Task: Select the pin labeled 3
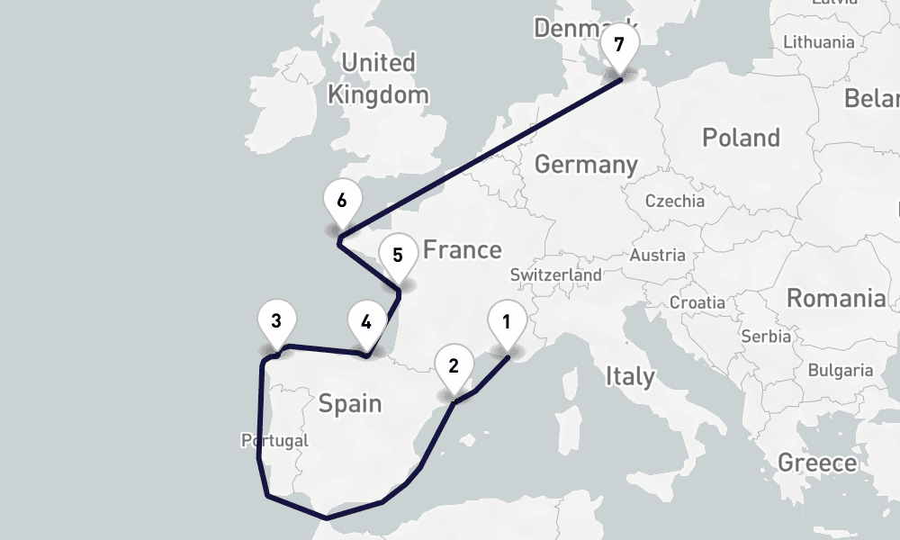pos(276,321)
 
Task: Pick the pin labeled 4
pos(365,322)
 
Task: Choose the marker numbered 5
pos(398,256)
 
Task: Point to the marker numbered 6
pos(341,202)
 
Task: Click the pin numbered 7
pos(618,45)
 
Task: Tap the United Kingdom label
pos(378,78)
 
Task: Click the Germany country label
pos(586,165)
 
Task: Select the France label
pos(462,249)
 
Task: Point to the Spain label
pos(350,403)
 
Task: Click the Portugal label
pos(274,441)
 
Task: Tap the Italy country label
pos(630,376)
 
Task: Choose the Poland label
pos(741,138)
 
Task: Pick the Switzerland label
pos(555,274)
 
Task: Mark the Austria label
pos(658,256)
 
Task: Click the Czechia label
pos(675,201)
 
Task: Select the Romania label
pos(836,298)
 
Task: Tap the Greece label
pos(818,463)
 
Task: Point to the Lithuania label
pos(819,42)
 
